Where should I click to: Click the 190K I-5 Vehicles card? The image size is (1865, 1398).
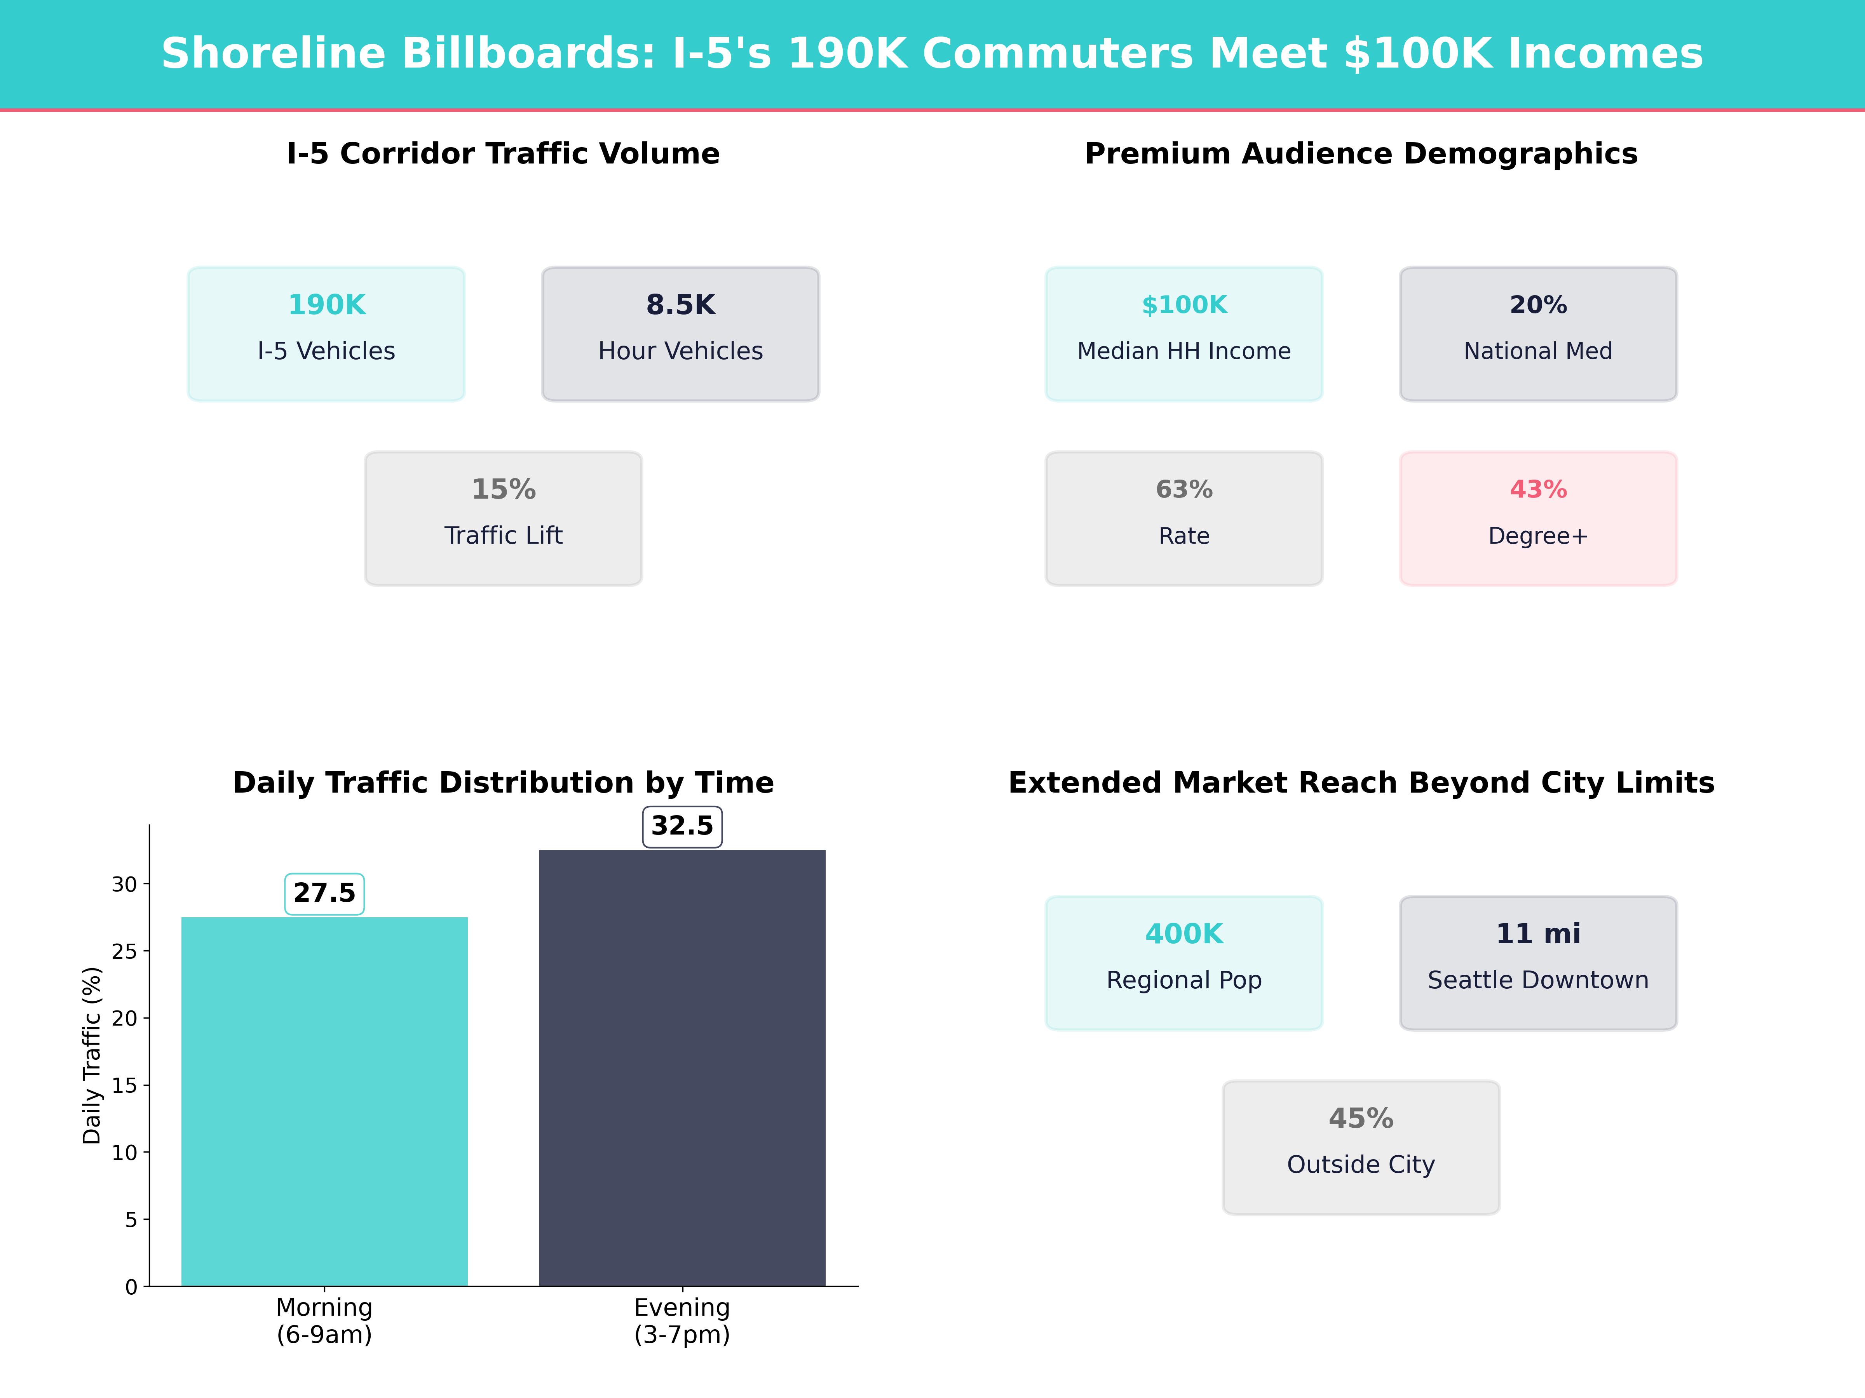pos(326,334)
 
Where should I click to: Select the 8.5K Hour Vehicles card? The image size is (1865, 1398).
pos(680,334)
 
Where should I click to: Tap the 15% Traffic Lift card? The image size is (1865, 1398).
pos(503,518)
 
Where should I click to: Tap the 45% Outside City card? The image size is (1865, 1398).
pos(1361,1147)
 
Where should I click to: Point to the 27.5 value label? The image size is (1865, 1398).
pos(324,893)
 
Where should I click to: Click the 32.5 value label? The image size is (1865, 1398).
pos(682,826)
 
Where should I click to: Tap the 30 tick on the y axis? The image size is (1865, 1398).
pos(125,884)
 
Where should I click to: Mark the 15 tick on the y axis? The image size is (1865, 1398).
pos(125,1085)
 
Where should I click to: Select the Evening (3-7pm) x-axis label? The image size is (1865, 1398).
pos(682,1320)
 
